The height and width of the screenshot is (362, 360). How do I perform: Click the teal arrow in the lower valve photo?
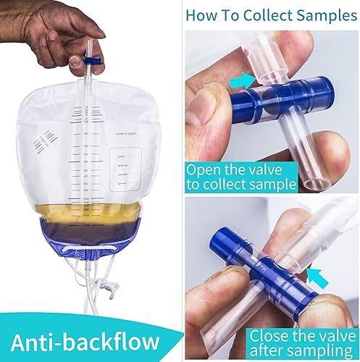click(313, 275)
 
